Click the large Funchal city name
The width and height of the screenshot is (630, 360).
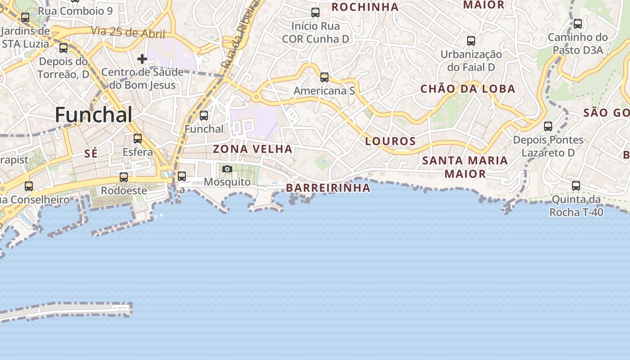tap(94, 115)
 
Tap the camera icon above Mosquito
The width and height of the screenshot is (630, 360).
tap(227, 169)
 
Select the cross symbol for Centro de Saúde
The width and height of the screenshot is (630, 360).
tap(142, 58)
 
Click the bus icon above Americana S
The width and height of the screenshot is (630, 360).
tap(324, 77)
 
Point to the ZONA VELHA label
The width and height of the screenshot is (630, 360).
tap(252, 149)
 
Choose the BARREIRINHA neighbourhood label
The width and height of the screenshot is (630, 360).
tap(328, 188)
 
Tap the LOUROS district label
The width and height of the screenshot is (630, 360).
tap(390, 141)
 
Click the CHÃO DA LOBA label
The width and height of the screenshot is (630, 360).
tap(468, 89)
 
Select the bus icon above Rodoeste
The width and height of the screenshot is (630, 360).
tap(124, 177)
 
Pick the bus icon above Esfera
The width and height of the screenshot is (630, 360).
tap(138, 139)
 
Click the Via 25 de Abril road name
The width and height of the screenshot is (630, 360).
tap(128, 32)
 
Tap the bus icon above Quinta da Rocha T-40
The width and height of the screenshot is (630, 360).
tap(576, 185)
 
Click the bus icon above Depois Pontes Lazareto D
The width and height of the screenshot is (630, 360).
tap(548, 126)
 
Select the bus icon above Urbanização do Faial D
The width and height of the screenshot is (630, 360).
tap(471, 41)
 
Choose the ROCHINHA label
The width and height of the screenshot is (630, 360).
tap(365, 7)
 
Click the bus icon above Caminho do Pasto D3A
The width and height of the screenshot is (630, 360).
tap(577, 24)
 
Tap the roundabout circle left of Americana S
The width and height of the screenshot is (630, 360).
tap(256, 96)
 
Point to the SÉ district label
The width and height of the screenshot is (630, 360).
tap(91, 154)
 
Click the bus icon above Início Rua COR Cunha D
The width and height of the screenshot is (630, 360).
tap(315, 13)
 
